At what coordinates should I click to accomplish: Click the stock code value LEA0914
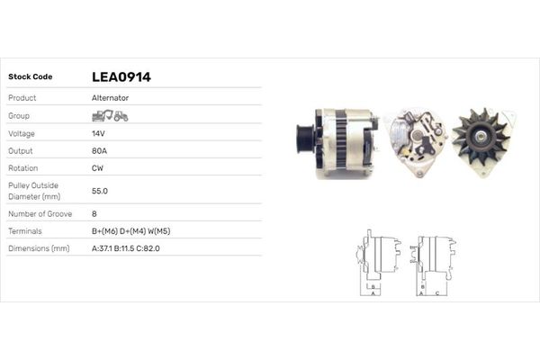pos(121,76)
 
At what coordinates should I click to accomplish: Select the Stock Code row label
pos(31,76)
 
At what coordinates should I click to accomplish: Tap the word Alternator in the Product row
pos(110,98)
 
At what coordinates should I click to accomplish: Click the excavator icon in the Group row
pos(103,116)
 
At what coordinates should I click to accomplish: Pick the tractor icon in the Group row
pos(121,116)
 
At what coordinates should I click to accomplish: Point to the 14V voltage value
pos(98,134)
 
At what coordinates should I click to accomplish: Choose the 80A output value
pos(99,151)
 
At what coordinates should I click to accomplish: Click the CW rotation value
pos(97,168)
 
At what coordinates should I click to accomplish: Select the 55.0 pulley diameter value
pos(100,191)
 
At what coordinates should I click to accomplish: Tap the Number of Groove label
pos(40,214)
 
